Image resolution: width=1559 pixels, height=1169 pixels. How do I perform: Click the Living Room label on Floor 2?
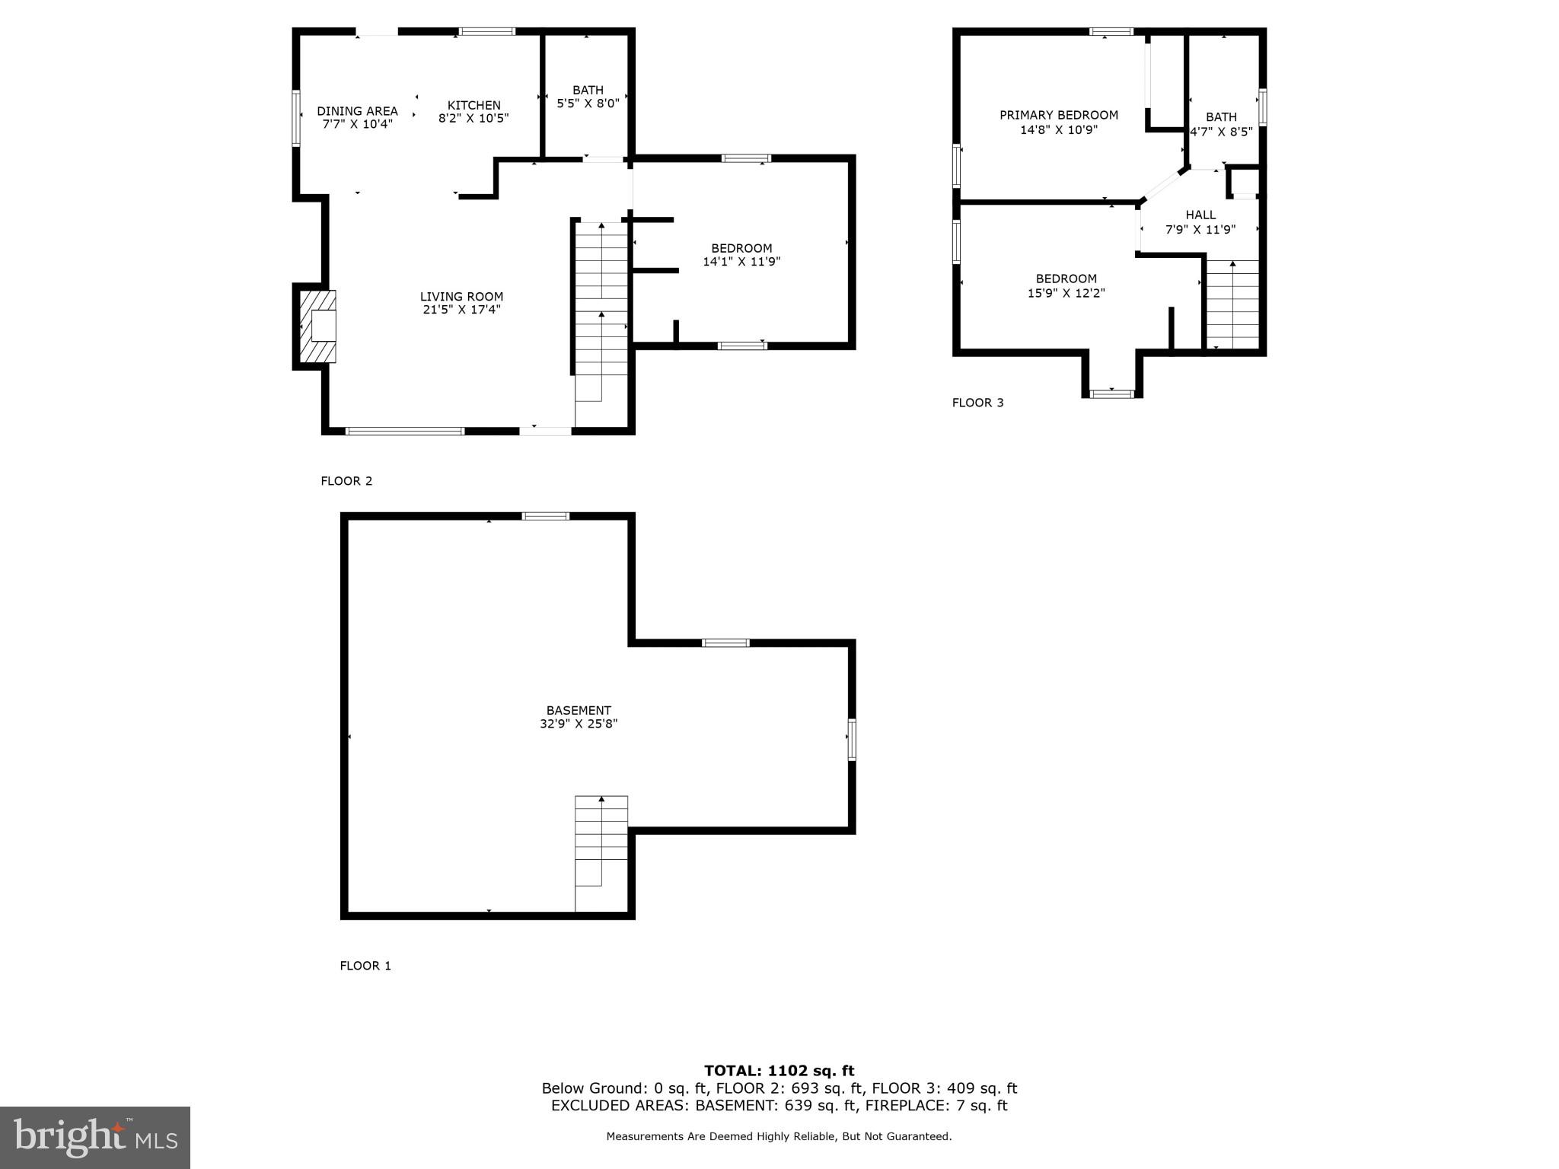point(461,297)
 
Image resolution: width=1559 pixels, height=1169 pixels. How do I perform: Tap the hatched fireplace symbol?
point(317,326)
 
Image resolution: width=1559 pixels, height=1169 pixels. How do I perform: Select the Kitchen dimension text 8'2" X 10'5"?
point(473,119)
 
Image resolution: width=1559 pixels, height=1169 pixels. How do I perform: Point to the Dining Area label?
point(357,111)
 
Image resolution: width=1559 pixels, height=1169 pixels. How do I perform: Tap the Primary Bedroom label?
point(1058,115)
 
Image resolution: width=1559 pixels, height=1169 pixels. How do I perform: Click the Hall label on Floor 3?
point(1200,215)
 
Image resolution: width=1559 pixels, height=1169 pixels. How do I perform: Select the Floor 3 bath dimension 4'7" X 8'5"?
point(1221,131)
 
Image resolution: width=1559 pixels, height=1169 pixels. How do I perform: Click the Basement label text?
point(579,711)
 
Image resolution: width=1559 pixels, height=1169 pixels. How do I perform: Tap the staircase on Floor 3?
point(1232,304)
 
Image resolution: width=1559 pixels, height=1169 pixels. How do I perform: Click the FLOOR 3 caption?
point(977,403)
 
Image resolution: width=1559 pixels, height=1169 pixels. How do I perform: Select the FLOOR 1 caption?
point(365,966)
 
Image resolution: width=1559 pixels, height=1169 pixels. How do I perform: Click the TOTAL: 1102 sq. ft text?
point(779,1071)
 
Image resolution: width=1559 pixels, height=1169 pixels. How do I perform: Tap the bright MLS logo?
point(94,1137)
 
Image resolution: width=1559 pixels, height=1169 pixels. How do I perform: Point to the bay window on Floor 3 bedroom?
point(1112,393)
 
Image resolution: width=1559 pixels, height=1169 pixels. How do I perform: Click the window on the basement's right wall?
point(851,739)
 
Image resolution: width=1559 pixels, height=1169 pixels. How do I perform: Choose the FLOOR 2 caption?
point(346,481)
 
